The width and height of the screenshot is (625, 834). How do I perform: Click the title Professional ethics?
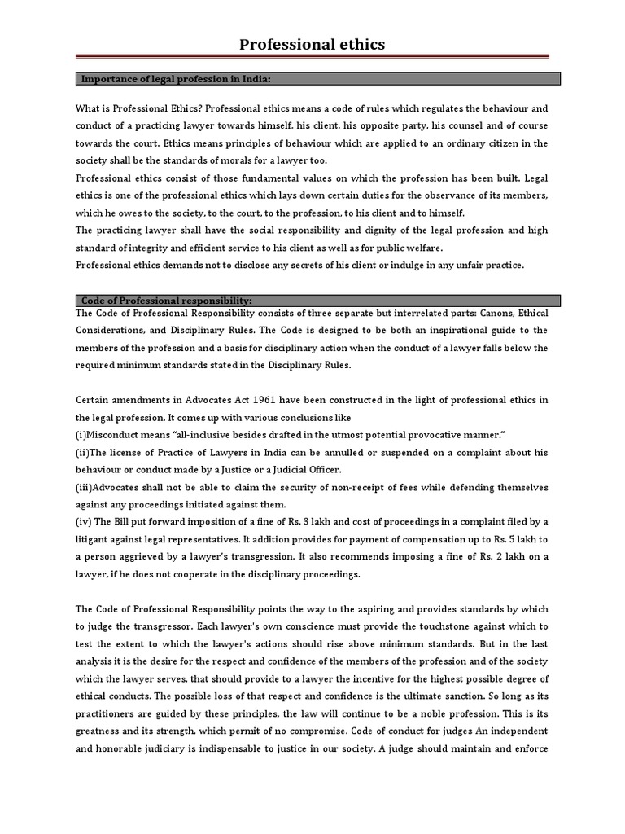(312, 44)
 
